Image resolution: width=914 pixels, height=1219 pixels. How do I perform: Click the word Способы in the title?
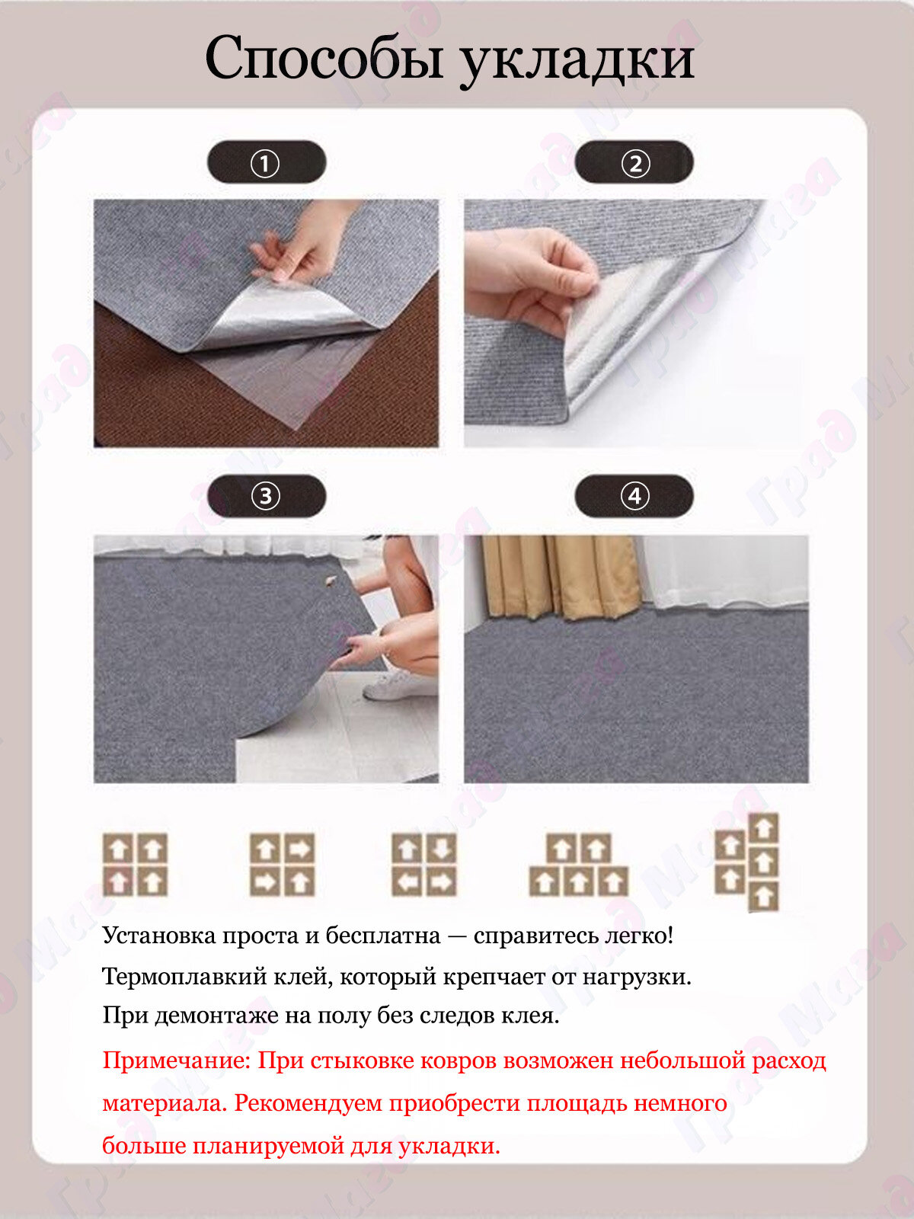[x=324, y=59]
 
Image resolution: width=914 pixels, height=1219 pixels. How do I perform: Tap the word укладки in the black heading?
[x=577, y=60]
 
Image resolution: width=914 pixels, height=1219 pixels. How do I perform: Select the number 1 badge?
[x=267, y=162]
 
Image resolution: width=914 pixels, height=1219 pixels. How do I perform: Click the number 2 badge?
[x=634, y=162]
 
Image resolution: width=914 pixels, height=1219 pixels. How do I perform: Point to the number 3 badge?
[x=267, y=496]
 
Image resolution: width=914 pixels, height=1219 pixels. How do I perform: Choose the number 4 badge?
[x=634, y=496]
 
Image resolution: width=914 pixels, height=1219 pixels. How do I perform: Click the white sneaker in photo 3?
[x=391, y=686]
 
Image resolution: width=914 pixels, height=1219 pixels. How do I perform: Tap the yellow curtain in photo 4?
[x=561, y=578]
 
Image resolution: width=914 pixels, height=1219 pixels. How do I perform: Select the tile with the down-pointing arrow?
[x=441, y=849]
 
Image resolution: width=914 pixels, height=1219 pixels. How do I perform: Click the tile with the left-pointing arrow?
[x=407, y=881]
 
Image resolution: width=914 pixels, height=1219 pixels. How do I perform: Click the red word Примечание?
[x=177, y=1061]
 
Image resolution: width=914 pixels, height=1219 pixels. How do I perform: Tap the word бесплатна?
[x=382, y=936]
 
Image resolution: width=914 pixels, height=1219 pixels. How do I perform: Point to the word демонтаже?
[x=216, y=1016]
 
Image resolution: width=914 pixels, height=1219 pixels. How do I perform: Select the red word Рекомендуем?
[x=308, y=1103]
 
